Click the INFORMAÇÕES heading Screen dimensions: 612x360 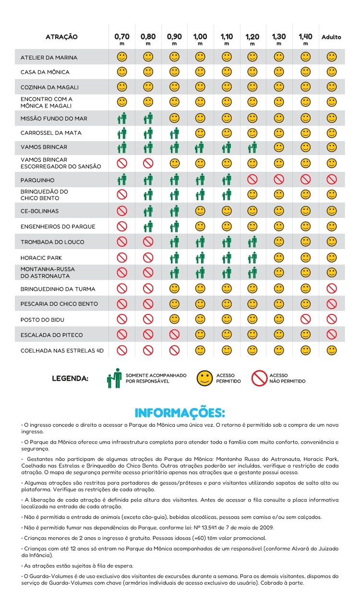point(180,413)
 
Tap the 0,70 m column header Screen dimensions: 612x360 point(122,38)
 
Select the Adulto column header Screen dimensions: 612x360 point(331,37)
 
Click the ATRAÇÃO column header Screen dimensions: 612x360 point(61,37)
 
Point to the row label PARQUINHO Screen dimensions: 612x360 point(37,180)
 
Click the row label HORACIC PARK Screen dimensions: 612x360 point(41,258)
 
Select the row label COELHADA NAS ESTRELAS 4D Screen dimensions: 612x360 point(62,351)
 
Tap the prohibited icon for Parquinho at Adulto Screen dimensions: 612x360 point(332,180)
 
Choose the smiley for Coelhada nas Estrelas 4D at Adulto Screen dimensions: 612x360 point(332,350)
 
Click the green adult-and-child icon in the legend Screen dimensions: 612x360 point(114,378)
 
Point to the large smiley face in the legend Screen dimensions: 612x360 point(205,378)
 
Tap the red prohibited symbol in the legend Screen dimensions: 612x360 point(259,378)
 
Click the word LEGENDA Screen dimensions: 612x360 point(70,379)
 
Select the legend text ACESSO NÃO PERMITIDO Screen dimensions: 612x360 point(287,379)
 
